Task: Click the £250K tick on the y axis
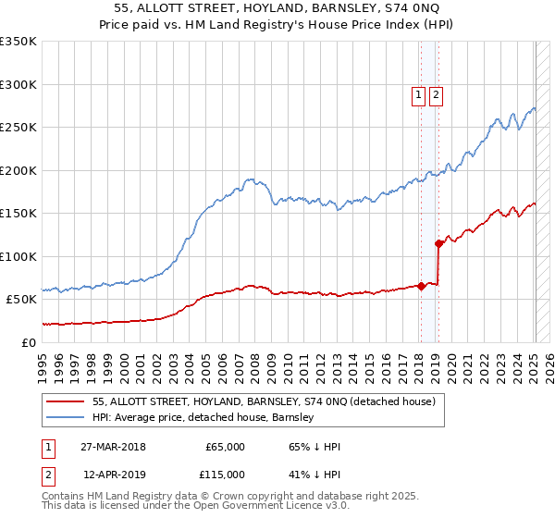(18, 128)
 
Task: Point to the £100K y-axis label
(18, 256)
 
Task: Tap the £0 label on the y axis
(29, 342)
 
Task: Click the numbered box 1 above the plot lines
(418, 93)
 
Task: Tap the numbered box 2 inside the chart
(435, 93)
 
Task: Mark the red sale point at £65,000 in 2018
(421, 286)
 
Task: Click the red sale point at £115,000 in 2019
(438, 243)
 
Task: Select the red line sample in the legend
(66, 401)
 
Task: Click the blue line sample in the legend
(66, 417)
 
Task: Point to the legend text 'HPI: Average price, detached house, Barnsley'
(203, 417)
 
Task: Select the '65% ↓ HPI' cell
(314, 447)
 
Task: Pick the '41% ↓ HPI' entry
(314, 474)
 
